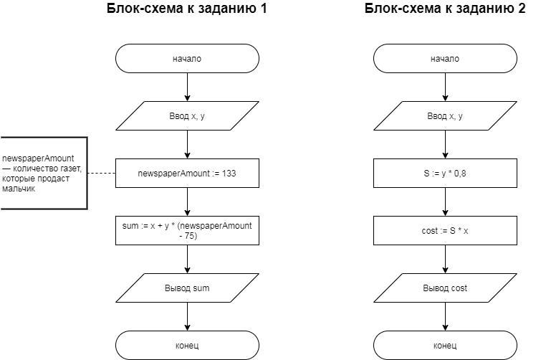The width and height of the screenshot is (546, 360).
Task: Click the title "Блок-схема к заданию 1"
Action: coord(186,9)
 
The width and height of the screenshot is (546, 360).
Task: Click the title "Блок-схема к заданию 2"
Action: coord(444,9)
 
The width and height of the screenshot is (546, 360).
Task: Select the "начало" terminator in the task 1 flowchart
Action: coord(187,59)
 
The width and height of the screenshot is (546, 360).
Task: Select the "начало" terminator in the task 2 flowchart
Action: coord(445,59)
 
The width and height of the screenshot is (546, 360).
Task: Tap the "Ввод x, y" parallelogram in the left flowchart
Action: coord(187,116)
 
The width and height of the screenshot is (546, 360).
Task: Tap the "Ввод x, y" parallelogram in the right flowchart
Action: coord(445,116)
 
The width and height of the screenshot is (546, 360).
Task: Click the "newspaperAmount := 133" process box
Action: coord(187,174)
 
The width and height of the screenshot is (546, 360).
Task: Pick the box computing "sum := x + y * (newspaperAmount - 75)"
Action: coord(187,230)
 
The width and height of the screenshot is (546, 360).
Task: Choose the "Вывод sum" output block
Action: coord(187,288)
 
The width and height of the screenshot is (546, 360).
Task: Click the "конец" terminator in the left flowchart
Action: coord(187,345)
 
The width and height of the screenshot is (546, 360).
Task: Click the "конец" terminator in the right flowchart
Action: coord(445,345)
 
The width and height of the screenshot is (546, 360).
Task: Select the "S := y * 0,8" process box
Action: coord(445,174)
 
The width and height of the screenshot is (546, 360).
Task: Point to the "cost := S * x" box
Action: coord(445,231)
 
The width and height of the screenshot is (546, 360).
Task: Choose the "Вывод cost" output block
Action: coord(445,288)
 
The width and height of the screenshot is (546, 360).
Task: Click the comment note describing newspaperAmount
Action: coord(43,174)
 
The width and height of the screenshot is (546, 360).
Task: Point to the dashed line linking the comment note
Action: coord(101,174)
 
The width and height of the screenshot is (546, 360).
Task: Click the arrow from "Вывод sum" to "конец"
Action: coord(187,316)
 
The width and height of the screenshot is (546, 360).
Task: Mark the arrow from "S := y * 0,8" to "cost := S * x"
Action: coord(445,202)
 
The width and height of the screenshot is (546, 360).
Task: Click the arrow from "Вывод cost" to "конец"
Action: coord(445,316)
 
